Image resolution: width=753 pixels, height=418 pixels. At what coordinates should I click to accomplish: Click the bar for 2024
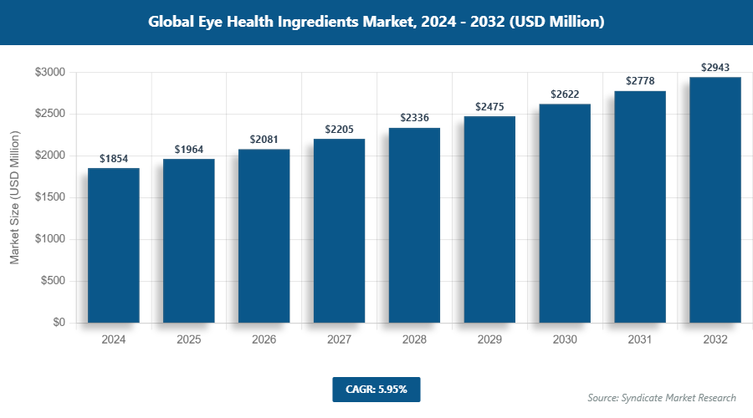pyautogui.click(x=113, y=245)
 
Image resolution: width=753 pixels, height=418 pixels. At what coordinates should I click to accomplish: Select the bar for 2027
pyautogui.click(x=339, y=231)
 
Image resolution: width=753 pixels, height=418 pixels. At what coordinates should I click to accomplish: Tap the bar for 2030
pyautogui.click(x=565, y=213)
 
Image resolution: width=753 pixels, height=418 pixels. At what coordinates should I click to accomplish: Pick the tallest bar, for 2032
pyautogui.click(x=715, y=200)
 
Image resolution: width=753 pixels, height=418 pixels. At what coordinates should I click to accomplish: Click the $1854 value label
pyautogui.click(x=113, y=158)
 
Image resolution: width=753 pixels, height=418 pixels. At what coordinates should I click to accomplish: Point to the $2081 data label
pyautogui.click(x=264, y=139)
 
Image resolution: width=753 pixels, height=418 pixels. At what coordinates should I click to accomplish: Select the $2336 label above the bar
pyautogui.click(x=414, y=118)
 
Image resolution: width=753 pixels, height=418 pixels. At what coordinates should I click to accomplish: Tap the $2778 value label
pyautogui.click(x=640, y=81)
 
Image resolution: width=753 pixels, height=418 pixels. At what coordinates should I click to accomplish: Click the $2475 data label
pyautogui.click(x=489, y=106)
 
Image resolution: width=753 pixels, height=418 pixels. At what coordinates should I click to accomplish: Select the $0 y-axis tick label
pyautogui.click(x=59, y=323)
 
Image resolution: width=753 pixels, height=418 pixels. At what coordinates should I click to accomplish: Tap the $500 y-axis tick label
pyautogui.click(x=54, y=281)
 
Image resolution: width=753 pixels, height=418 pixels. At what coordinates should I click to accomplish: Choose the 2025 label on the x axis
pyautogui.click(x=188, y=340)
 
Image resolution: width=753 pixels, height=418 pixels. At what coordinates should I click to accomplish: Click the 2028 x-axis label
pyautogui.click(x=414, y=340)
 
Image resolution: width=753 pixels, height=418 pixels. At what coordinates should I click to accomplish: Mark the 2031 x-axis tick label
pyautogui.click(x=640, y=340)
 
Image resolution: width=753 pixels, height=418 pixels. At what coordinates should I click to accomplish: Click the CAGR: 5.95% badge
pyautogui.click(x=376, y=389)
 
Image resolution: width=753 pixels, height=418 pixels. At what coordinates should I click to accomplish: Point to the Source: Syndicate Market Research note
pyautogui.click(x=662, y=397)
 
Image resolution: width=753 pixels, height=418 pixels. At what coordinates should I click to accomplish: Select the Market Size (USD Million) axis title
pyautogui.click(x=14, y=197)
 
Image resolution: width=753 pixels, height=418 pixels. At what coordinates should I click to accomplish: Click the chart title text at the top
pyautogui.click(x=376, y=23)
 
